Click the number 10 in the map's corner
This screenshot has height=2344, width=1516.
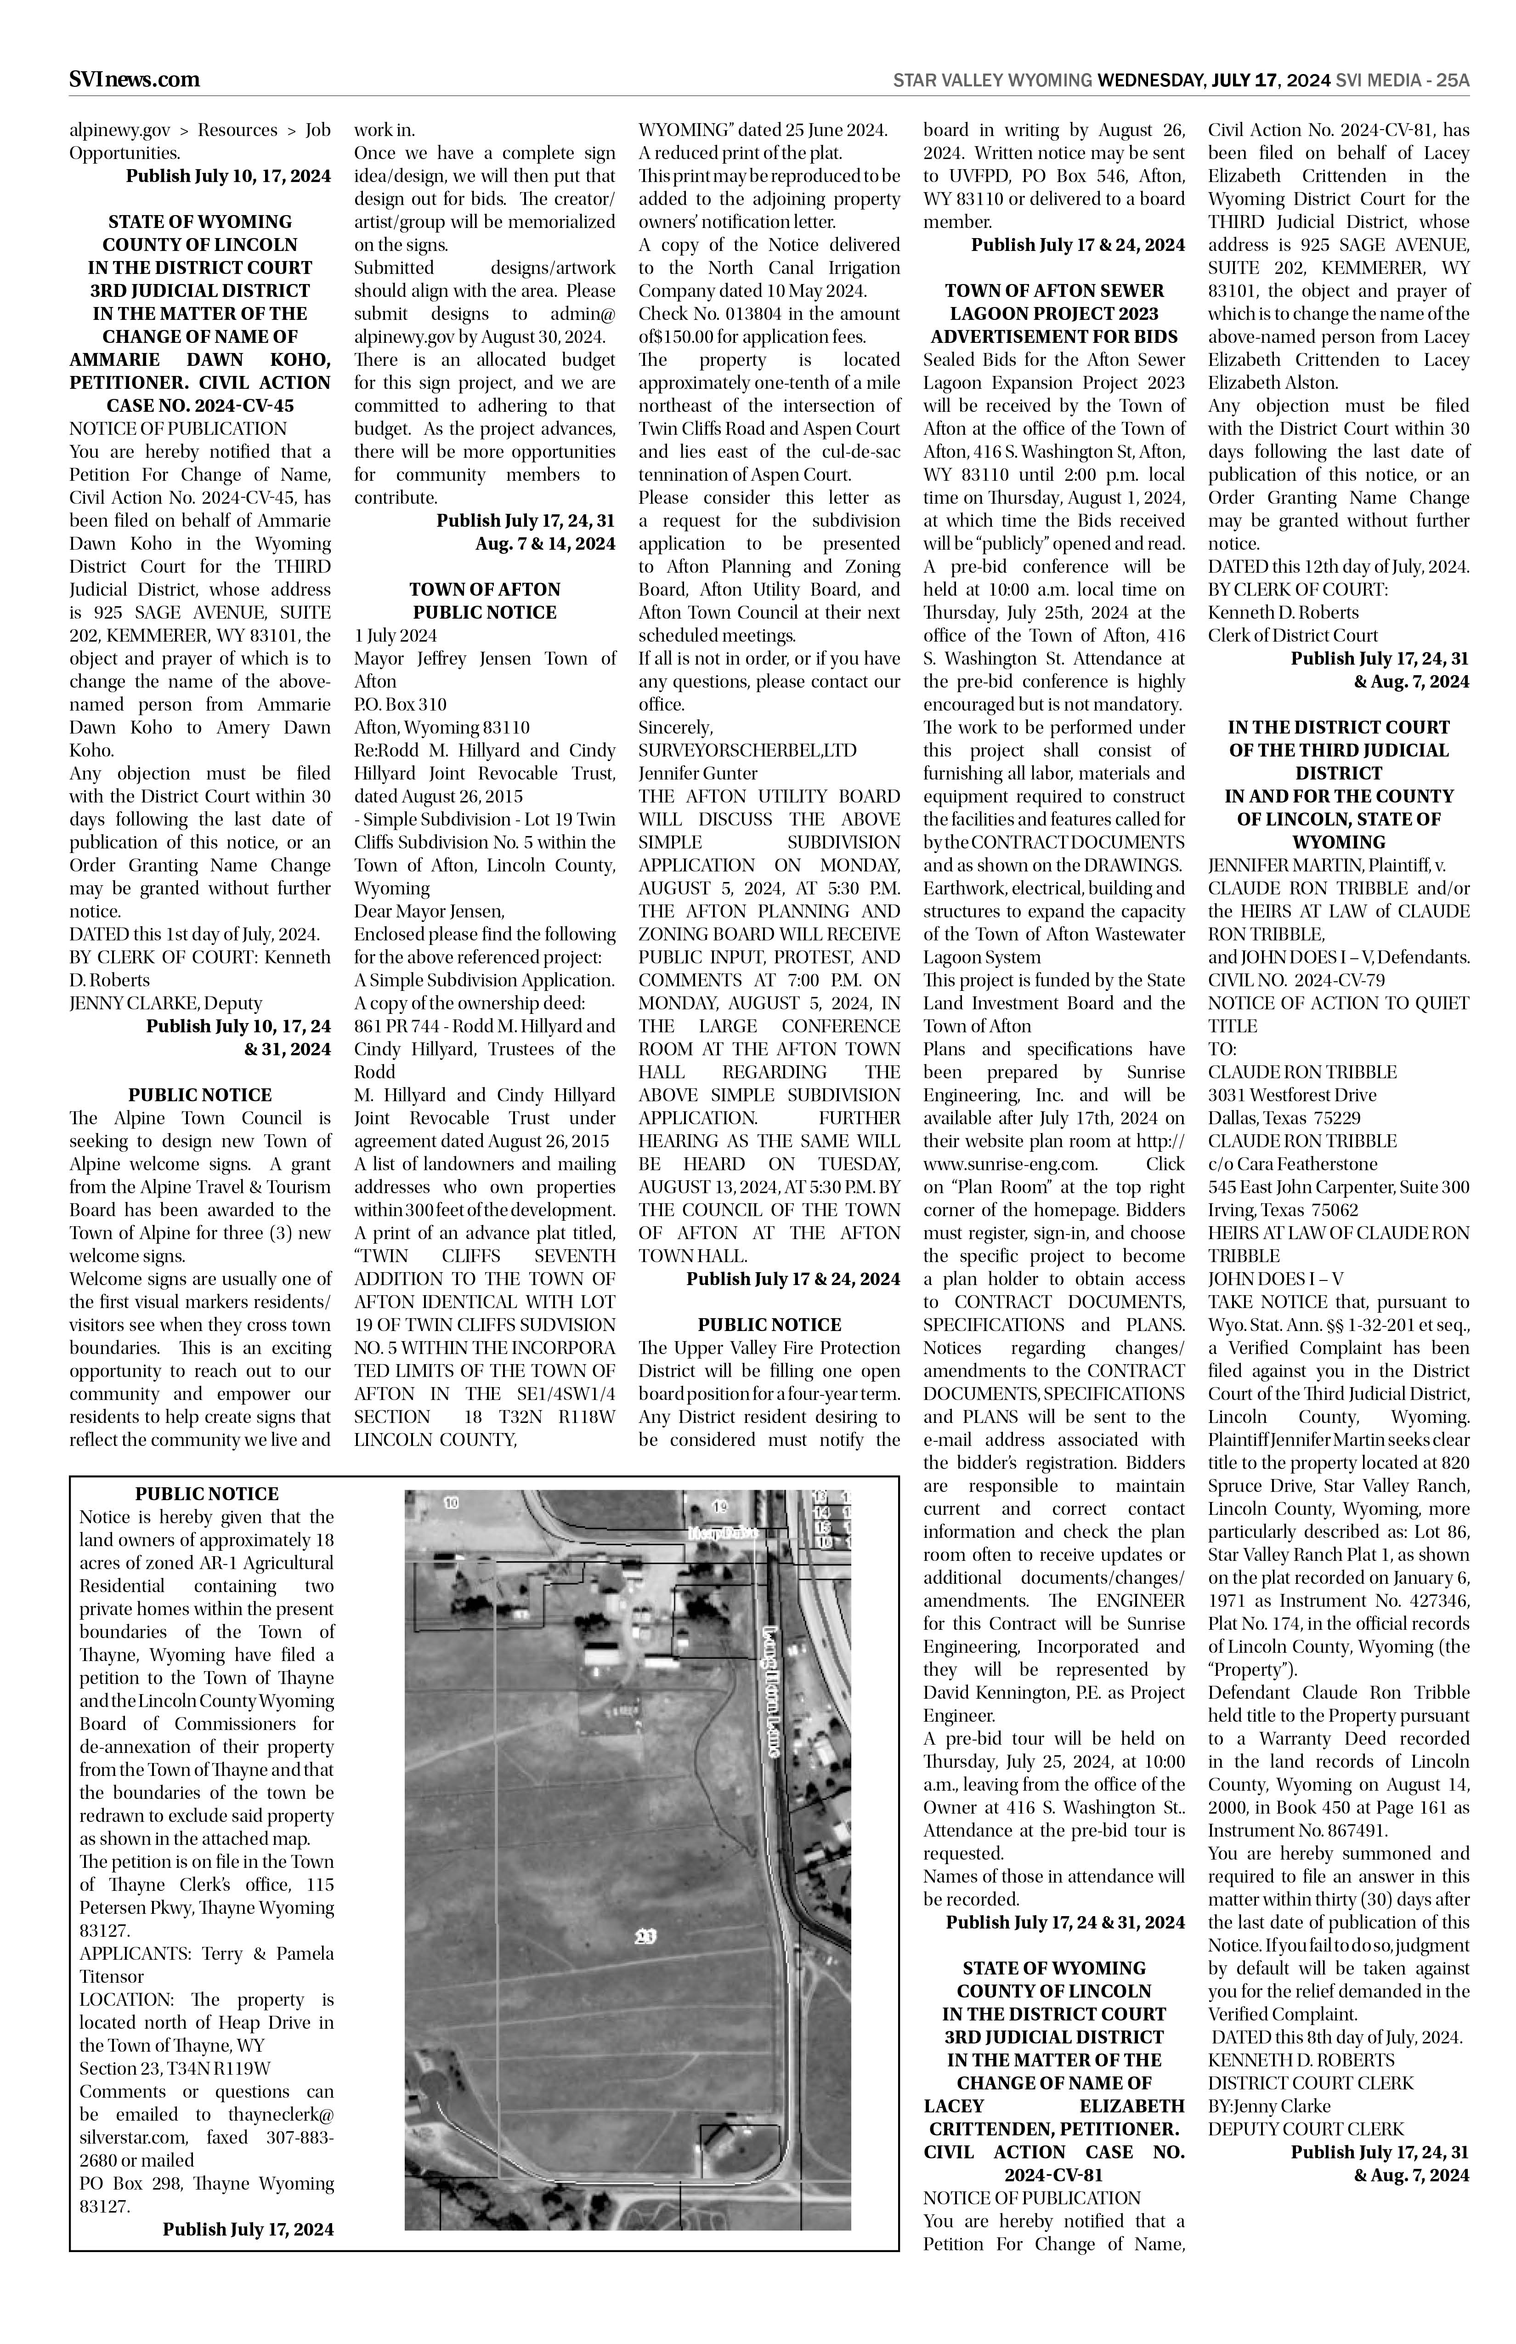point(451,1503)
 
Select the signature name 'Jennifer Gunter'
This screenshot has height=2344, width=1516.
point(698,773)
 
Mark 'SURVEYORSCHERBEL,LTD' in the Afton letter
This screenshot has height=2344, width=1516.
point(747,751)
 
